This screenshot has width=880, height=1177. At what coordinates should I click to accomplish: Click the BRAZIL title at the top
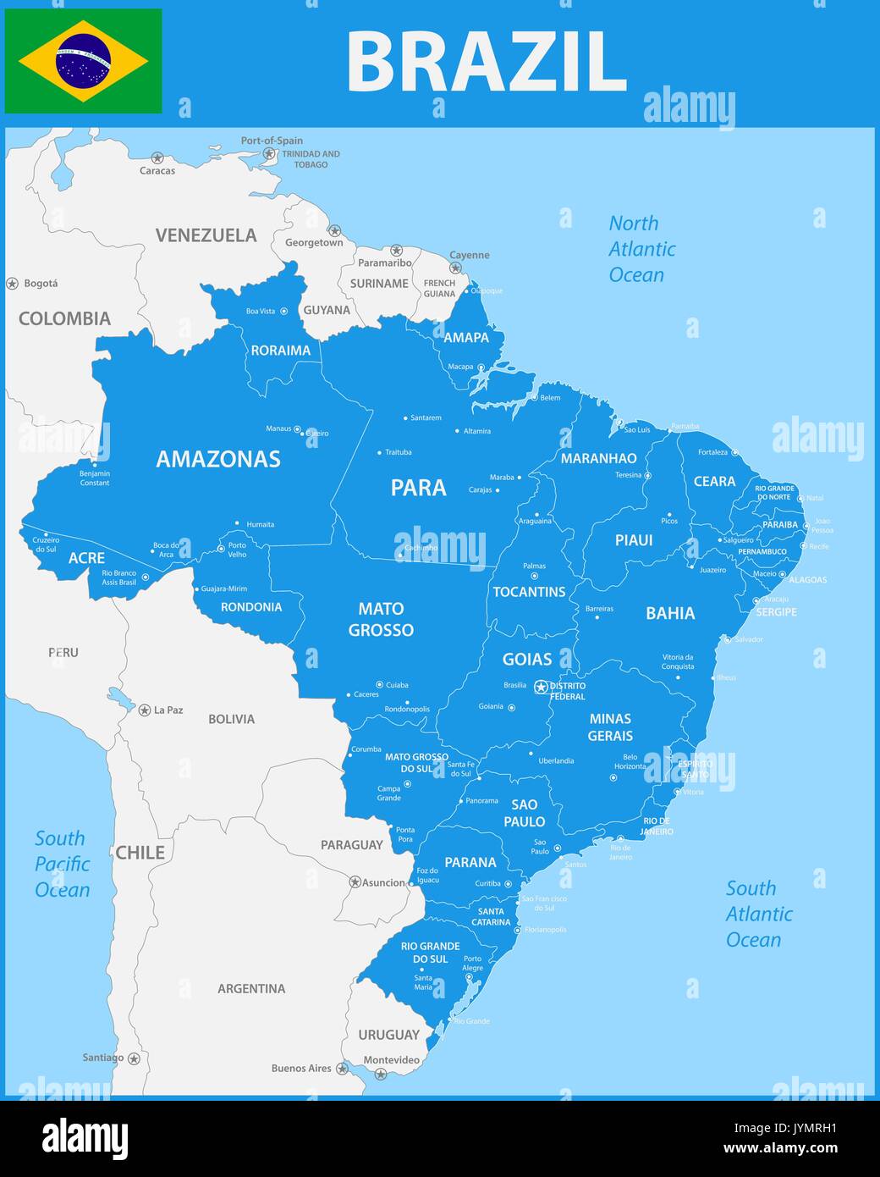[x=487, y=62]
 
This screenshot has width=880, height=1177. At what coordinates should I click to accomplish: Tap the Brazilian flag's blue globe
[x=83, y=61]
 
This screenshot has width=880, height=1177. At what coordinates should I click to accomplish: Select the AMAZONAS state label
[x=218, y=459]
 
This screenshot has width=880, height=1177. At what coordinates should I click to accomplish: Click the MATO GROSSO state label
[x=381, y=619]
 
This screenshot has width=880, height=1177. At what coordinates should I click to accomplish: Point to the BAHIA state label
[x=670, y=613]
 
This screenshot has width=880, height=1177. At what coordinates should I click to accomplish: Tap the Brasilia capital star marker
[x=541, y=687]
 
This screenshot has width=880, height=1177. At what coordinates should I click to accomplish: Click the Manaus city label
[x=278, y=428]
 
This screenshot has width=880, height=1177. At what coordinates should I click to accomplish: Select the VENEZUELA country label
[x=206, y=235]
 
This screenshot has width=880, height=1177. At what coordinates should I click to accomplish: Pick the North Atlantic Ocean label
[x=641, y=249]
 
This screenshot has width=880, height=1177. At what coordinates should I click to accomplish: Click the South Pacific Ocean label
[x=62, y=864]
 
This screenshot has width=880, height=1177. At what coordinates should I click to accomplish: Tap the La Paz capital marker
[x=145, y=710]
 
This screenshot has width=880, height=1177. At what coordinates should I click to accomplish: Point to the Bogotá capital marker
[x=12, y=284]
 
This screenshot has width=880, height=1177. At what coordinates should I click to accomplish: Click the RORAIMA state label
[x=281, y=351]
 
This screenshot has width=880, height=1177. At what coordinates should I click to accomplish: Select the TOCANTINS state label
[x=529, y=592]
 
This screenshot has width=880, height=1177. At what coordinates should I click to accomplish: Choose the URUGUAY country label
[x=388, y=1035]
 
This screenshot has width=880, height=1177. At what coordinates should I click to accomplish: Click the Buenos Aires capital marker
[x=342, y=1069]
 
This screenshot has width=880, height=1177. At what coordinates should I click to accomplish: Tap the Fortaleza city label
[x=712, y=452]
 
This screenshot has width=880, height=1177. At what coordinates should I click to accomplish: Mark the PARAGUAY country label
[x=351, y=845]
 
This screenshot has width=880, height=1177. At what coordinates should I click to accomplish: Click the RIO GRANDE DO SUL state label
[x=431, y=953]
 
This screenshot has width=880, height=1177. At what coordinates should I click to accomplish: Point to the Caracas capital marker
[x=157, y=158]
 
